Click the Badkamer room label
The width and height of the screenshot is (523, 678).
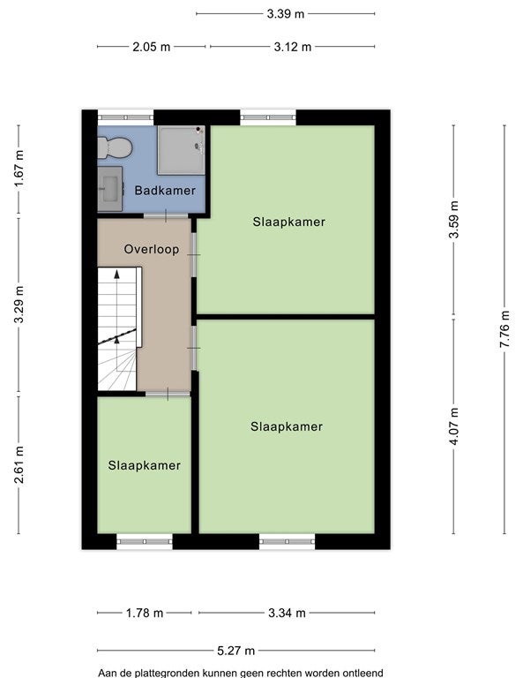(x=165, y=191)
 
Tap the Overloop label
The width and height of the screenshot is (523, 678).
(x=152, y=249)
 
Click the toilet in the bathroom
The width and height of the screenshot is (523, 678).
(x=115, y=147)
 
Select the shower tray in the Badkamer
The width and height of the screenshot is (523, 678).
(x=181, y=150)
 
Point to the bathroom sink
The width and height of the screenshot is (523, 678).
(x=109, y=189)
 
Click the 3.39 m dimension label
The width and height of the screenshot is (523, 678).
(x=286, y=14)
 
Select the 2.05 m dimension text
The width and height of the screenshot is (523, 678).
(x=151, y=47)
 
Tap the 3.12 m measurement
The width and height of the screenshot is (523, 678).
(x=293, y=47)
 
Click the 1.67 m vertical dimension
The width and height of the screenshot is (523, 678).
(x=19, y=169)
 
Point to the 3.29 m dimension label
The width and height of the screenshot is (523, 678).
(x=19, y=304)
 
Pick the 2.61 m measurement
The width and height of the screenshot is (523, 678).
(x=19, y=465)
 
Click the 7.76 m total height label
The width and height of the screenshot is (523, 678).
(x=504, y=329)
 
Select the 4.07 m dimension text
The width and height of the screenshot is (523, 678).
(x=454, y=426)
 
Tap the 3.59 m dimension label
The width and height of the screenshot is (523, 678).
(x=454, y=220)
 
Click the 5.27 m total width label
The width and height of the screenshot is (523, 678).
(x=235, y=651)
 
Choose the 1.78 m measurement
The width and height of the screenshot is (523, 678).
(x=145, y=614)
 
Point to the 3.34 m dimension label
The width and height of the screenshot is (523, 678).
(x=287, y=614)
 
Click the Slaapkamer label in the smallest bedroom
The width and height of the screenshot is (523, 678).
(x=145, y=465)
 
